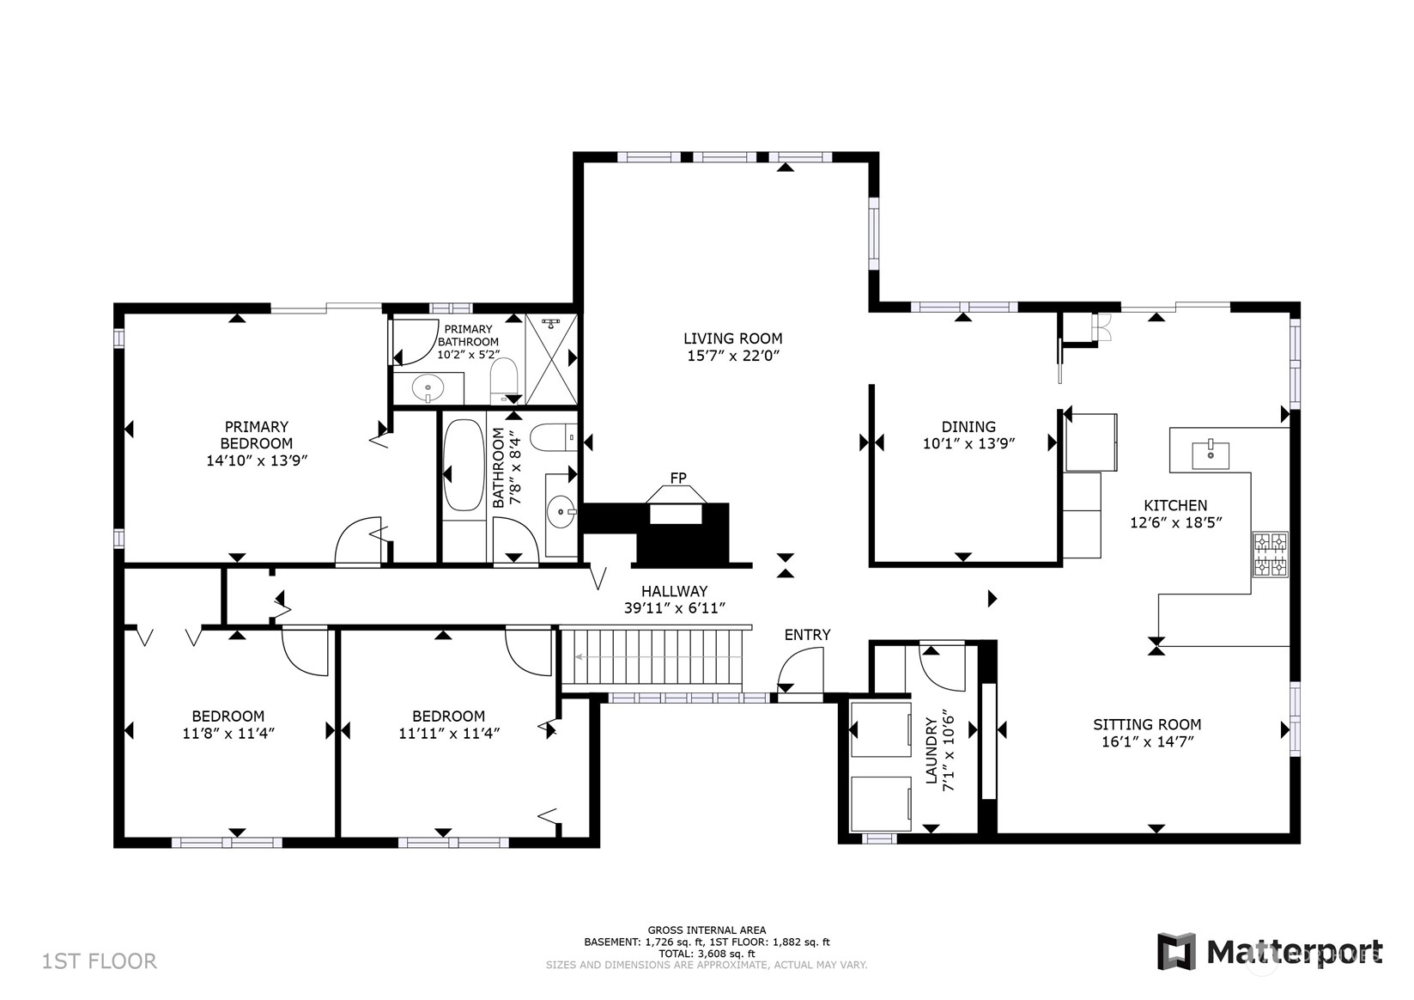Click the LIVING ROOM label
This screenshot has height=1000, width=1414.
(733, 338)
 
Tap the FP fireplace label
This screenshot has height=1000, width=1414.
(678, 479)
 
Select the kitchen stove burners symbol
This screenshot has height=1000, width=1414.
(1271, 555)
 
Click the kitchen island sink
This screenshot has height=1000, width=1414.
(1211, 455)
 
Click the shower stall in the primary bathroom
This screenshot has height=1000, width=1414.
(551, 359)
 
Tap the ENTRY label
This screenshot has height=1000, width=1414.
(807, 635)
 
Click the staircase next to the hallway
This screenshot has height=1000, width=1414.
(652, 657)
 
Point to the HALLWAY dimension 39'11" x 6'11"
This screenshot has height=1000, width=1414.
(674, 608)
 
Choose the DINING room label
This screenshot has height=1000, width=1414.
(968, 427)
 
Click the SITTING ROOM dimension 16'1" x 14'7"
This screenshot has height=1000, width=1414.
(1148, 741)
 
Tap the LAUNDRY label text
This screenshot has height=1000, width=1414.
(932, 751)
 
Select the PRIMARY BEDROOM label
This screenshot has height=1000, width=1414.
(257, 435)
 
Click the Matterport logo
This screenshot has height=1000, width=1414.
(1270, 952)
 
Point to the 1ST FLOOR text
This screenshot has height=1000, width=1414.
(99, 961)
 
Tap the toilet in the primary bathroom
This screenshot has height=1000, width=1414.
(504, 381)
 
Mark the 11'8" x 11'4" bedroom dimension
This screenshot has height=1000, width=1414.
(228, 734)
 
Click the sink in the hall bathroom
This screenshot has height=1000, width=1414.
(561, 511)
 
